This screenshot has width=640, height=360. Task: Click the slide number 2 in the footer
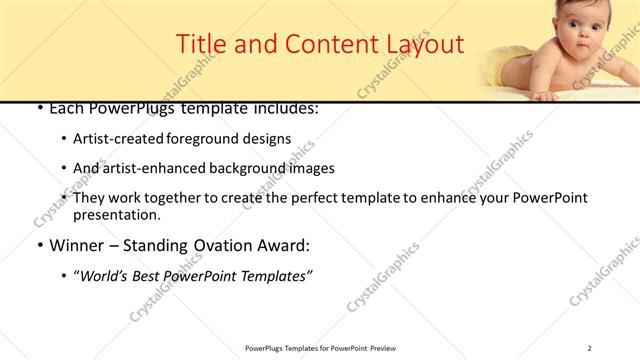[590, 348]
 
